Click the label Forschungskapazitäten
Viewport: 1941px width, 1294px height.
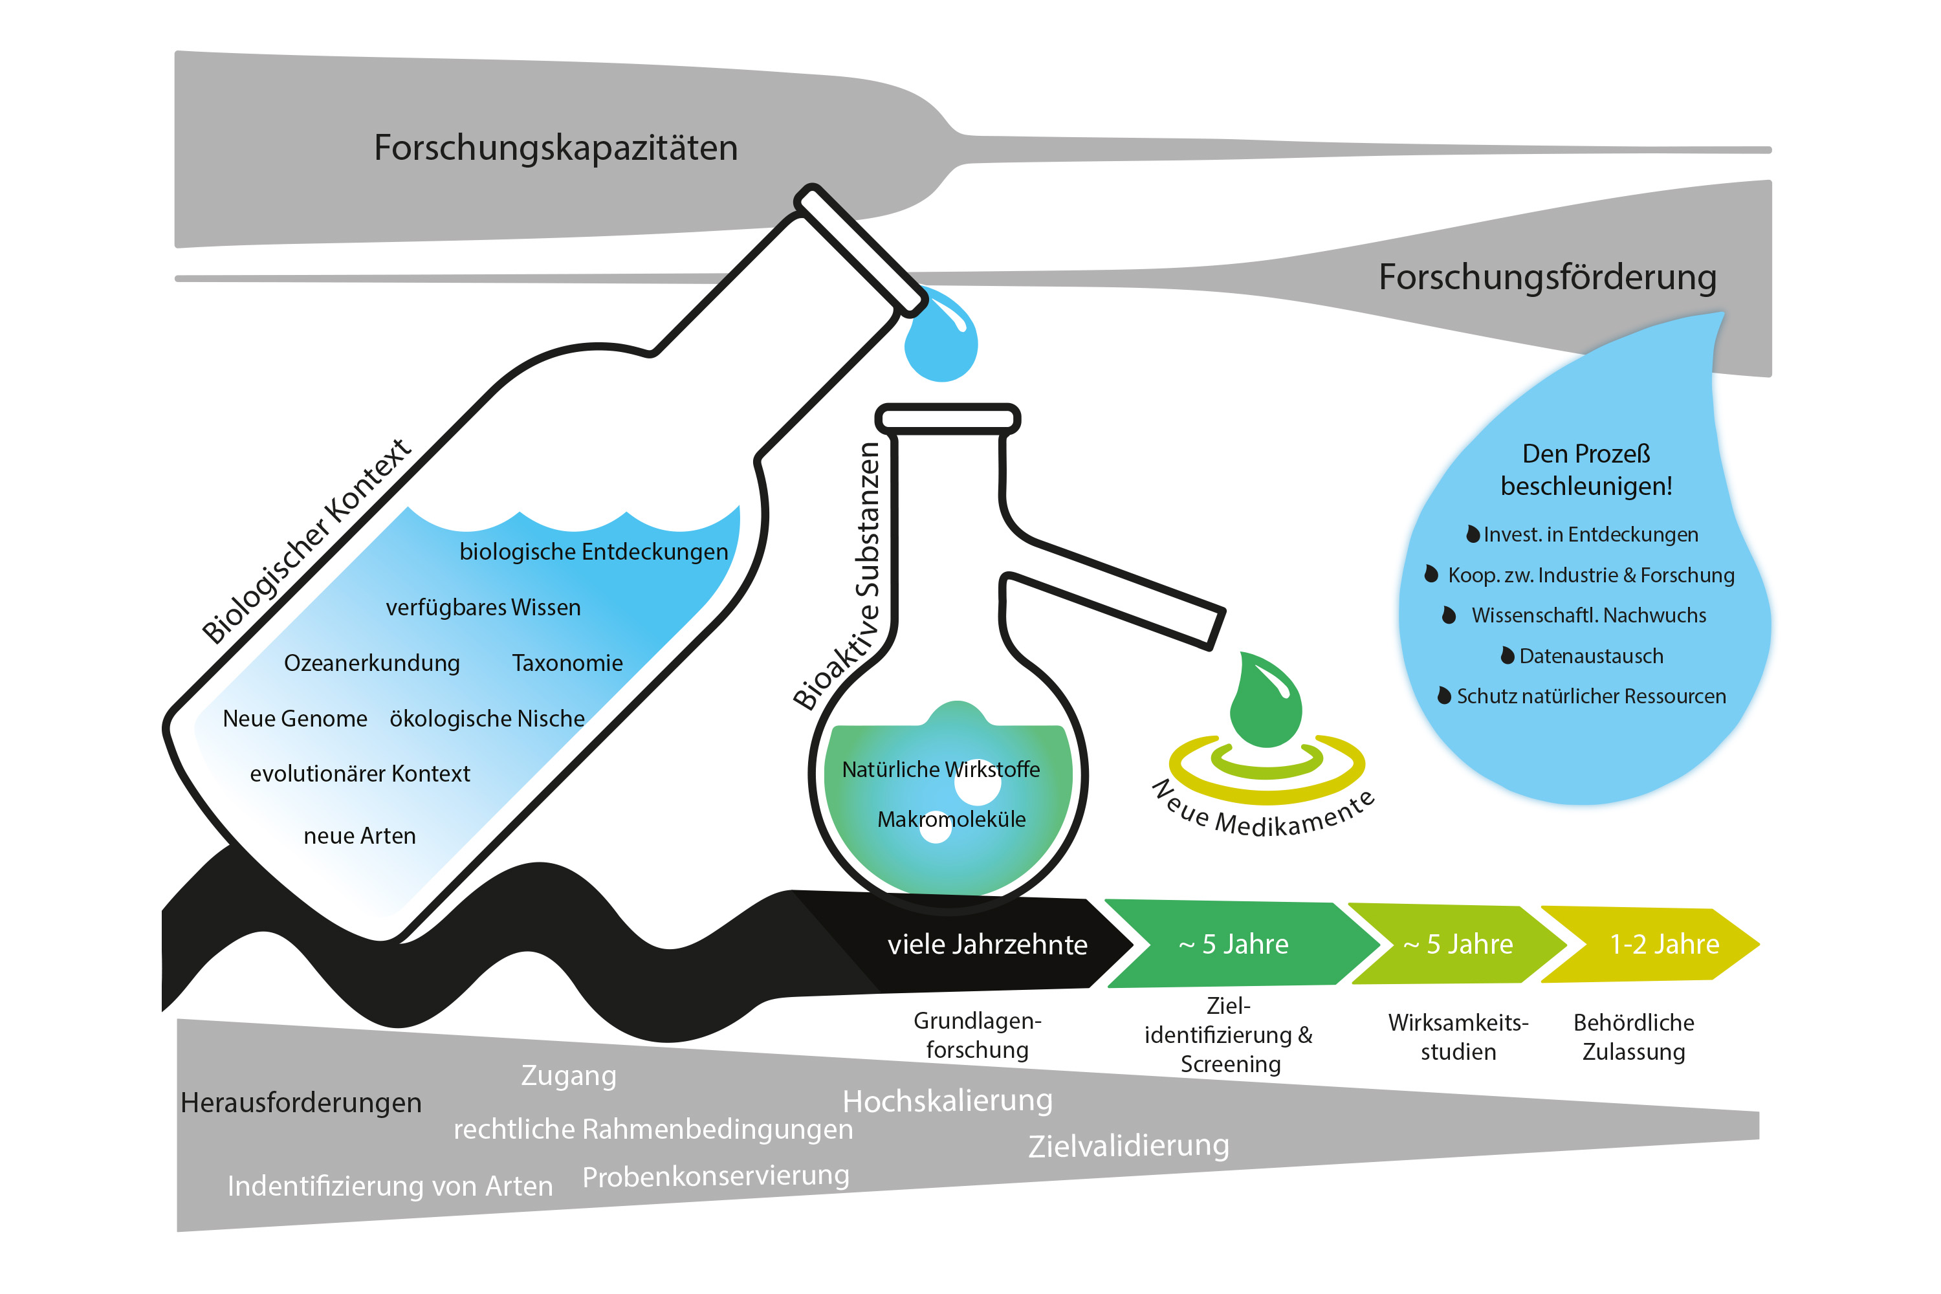(x=555, y=148)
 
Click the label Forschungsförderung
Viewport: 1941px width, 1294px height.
(x=1548, y=278)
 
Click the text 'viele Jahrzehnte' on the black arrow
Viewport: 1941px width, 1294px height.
(x=987, y=944)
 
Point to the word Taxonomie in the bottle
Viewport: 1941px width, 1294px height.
(x=567, y=663)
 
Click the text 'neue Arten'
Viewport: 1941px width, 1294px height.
(x=360, y=836)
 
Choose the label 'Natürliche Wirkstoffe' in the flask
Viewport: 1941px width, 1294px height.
(x=941, y=769)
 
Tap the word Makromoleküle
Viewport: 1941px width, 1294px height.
(x=952, y=820)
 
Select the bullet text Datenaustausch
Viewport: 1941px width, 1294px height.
(x=1590, y=656)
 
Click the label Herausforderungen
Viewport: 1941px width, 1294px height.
(x=302, y=1102)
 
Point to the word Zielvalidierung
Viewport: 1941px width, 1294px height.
(x=1128, y=1145)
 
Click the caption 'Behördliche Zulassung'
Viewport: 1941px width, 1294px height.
(x=1633, y=1037)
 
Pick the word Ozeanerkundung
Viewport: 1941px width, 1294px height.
(x=372, y=663)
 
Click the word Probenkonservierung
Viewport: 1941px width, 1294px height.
(x=716, y=1176)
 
